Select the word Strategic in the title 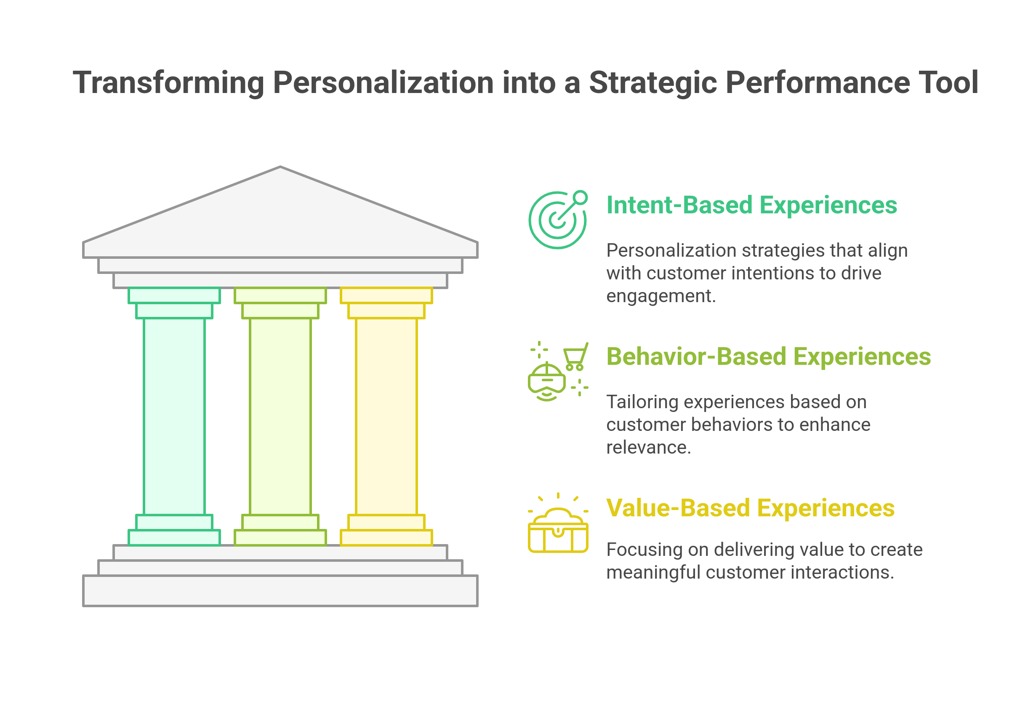tap(653, 83)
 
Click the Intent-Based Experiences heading tap(751, 205)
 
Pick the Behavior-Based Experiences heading tap(768, 357)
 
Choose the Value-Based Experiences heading tap(750, 508)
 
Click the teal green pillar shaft tap(174, 416)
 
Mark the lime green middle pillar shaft tap(280, 416)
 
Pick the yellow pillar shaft tap(386, 416)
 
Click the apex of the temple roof tap(280, 168)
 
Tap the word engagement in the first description tap(660, 296)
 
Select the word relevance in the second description tap(648, 447)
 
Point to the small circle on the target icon tap(580, 197)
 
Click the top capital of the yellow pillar tap(386, 295)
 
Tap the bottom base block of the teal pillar tap(174, 537)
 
